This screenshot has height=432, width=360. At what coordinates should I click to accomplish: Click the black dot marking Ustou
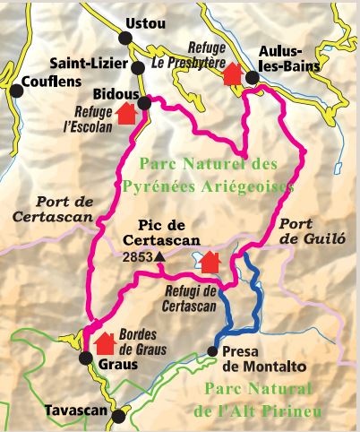[125, 37]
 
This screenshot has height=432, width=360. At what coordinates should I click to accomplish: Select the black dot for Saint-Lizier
[137, 67]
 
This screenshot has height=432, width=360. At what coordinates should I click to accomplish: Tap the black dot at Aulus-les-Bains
[252, 78]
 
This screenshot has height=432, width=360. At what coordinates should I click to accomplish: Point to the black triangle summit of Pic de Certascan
[159, 257]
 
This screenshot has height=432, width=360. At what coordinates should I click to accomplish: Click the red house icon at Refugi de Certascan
[210, 262]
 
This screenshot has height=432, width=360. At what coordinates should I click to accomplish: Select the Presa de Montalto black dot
[213, 351]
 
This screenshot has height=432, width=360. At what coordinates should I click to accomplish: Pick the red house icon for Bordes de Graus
[104, 341]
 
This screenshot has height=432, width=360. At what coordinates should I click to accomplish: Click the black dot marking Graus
[85, 359]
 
